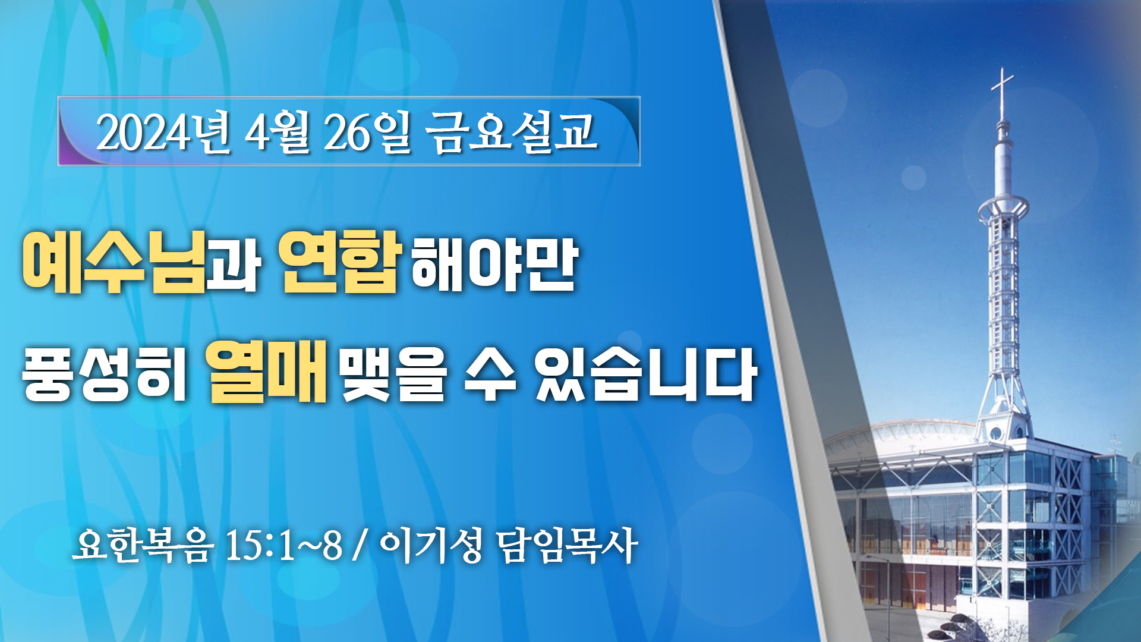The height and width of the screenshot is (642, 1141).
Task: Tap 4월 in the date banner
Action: point(278,132)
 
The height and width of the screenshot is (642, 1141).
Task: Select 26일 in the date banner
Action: point(367,132)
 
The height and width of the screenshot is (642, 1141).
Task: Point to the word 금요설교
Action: point(512,132)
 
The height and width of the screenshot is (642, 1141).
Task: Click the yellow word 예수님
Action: point(114,262)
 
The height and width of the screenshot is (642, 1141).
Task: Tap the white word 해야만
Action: point(494,265)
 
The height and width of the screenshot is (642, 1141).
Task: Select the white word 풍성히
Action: point(105,374)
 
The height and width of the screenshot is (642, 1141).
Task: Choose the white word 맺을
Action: point(393,374)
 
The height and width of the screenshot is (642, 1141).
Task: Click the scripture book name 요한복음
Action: point(143,545)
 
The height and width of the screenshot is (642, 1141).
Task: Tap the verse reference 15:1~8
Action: point(284,545)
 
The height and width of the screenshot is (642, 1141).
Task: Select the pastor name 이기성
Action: point(431,545)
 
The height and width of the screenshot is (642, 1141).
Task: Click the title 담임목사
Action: point(567,545)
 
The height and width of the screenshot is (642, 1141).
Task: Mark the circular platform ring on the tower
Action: point(1003,208)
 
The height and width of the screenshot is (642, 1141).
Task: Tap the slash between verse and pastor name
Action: point(359,545)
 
